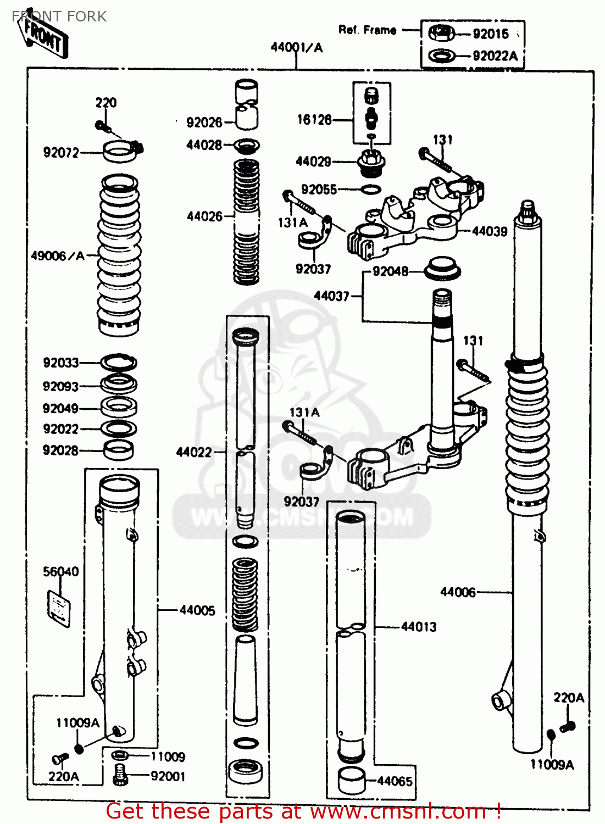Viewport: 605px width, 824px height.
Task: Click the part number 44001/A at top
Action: click(x=296, y=47)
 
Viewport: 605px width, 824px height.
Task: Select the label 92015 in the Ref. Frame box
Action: click(x=491, y=34)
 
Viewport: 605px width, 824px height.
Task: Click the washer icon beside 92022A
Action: click(x=441, y=55)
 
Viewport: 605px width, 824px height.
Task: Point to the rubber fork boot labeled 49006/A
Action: click(x=118, y=255)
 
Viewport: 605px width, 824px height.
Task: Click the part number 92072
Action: click(x=61, y=152)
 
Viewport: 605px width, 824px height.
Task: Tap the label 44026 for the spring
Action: click(x=204, y=216)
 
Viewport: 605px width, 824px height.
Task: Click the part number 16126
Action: click(x=314, y=119)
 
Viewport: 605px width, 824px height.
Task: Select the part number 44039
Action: click(x=490, y=231)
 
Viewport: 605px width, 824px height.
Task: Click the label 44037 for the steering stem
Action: click(x=331, y=296)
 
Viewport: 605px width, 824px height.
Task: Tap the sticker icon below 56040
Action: click(x=58, y=609)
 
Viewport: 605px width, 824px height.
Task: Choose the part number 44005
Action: click(x=197, y=610)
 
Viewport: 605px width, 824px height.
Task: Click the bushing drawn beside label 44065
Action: click(x=351, y=780)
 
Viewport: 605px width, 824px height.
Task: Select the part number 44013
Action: click(x=419, y=627)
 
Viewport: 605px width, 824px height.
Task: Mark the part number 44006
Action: click(x=458, y=592)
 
